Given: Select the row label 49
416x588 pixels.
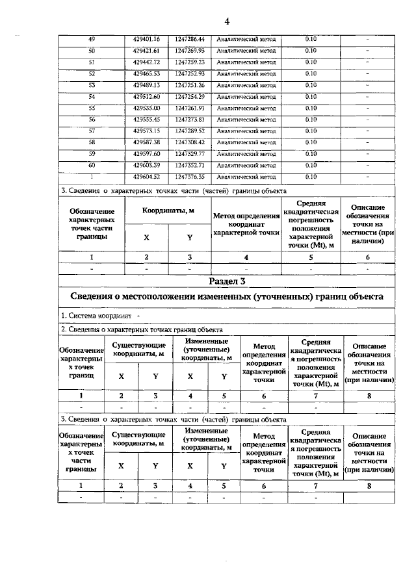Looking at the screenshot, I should click(x=91, y=39).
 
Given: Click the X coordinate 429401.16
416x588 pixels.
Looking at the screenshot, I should click(x=146, y=39).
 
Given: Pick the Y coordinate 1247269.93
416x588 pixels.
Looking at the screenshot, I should click(x=190, y=51).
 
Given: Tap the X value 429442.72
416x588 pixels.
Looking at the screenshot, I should click(x=146, y=62).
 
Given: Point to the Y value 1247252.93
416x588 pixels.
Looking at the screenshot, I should click(x=190, y=73).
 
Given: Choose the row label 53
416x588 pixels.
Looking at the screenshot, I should click(x=91, y=85).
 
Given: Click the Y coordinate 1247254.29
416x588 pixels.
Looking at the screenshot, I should click(x=190, y=96).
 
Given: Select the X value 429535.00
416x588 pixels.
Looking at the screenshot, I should click(x=146, y=108).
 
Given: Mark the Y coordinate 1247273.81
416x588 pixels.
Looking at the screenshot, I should click(x=190, y=120).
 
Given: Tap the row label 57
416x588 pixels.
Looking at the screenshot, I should click(x=91, y=131).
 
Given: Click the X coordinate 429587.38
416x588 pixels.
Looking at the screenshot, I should click(x=146, y=142).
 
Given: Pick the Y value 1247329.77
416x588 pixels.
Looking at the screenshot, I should click(x=190, y=153).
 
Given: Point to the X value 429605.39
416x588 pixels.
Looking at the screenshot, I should click(x=146, y=165).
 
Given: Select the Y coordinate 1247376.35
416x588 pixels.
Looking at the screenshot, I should click(x=190, y=176).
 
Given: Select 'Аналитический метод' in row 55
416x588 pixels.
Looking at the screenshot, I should click(x=246, y=108).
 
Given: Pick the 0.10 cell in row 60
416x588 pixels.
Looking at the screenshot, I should click(x=311, y=165).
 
